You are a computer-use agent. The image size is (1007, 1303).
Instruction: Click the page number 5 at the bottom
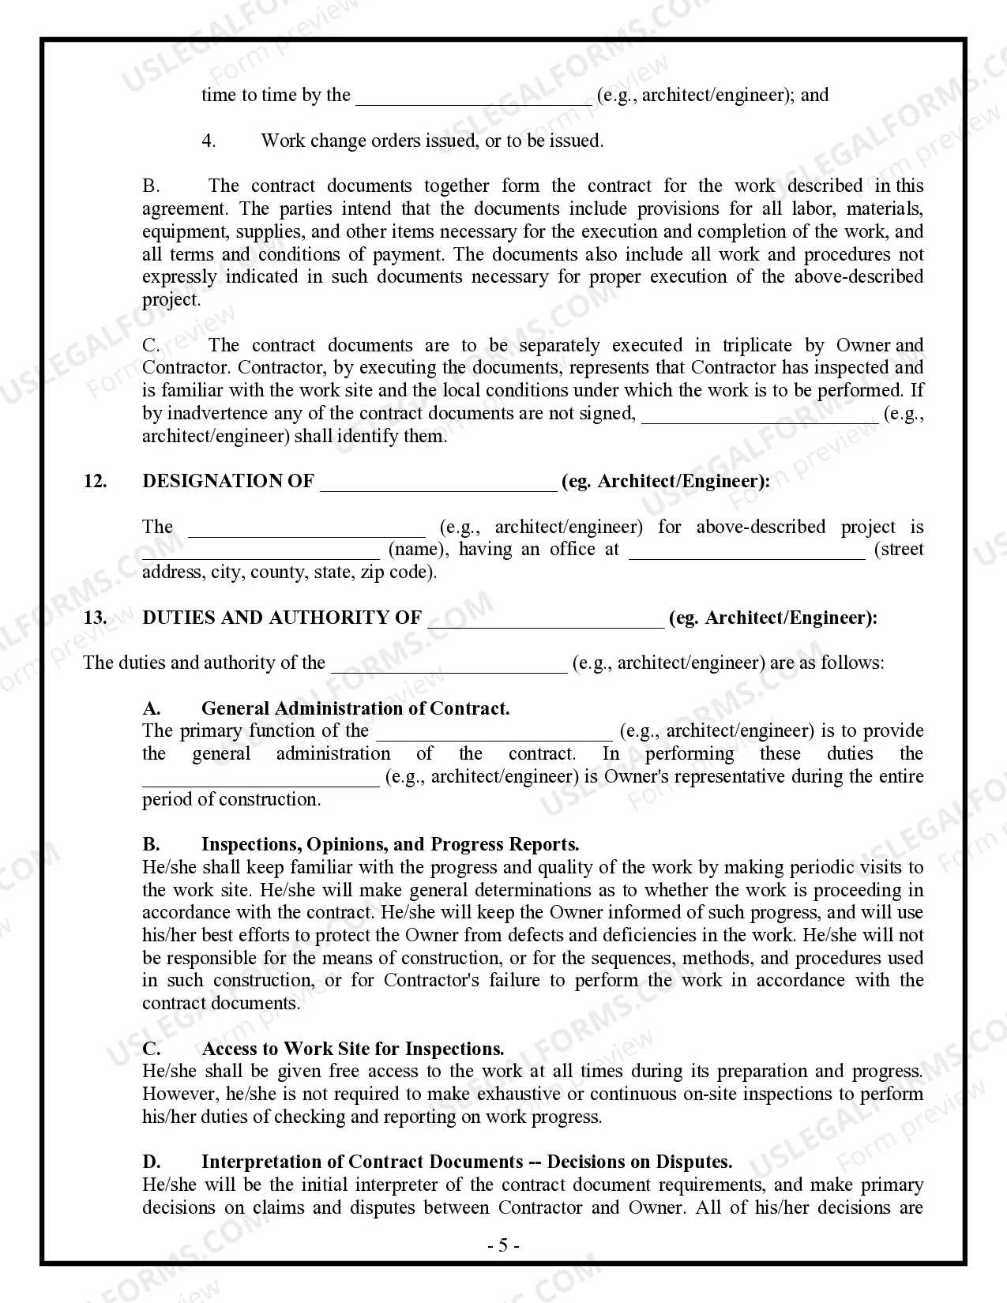503,1246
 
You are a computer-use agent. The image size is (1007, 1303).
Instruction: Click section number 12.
96,482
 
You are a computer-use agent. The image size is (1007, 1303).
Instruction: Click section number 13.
96,618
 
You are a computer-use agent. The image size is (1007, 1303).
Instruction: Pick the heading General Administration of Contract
355,708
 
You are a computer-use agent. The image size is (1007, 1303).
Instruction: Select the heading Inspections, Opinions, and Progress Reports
390,845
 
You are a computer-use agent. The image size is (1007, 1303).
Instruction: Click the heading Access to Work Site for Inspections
352,1049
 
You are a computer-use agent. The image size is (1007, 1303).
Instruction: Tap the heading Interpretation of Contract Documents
362,1162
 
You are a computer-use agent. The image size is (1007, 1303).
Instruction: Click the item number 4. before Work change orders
209,141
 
